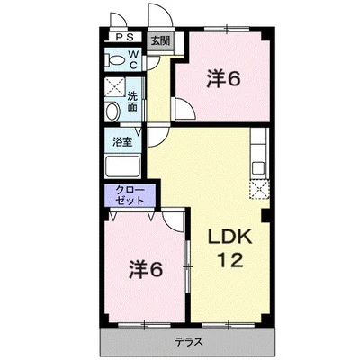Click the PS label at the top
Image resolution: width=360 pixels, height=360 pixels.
[x=124, y=38]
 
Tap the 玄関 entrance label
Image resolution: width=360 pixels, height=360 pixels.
[x=160, y=40]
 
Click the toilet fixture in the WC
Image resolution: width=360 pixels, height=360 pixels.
[x=115, y=60]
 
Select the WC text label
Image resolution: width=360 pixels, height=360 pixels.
[x=134, y=59]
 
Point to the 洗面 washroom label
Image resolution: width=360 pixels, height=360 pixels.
[x=132, y=102]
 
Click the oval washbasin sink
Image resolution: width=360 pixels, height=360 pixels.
[x=112, y=112]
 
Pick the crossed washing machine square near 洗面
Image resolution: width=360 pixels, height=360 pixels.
[x=115, y=87]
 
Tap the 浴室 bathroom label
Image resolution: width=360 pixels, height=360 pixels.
[x=122, y=142]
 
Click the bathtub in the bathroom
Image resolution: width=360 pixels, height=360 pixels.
[x=122, y=166]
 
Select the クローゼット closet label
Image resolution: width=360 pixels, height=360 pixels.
[x=130, y=195]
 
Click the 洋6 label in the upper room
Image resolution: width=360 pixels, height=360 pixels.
[x=223, y=79]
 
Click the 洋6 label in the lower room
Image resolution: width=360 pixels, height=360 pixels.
[x=146, y=269]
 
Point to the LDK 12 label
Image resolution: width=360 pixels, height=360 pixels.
[x=229, y=248]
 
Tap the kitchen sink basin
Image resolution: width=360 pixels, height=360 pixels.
[x=258, y=168]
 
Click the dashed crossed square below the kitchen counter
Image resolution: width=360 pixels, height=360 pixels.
[x=259, y=189]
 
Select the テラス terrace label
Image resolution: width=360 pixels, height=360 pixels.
[x=189, y=341]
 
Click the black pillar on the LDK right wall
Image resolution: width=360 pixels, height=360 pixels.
[x=265, y=215]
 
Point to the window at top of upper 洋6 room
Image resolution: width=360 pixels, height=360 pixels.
[x=227, y=29]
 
